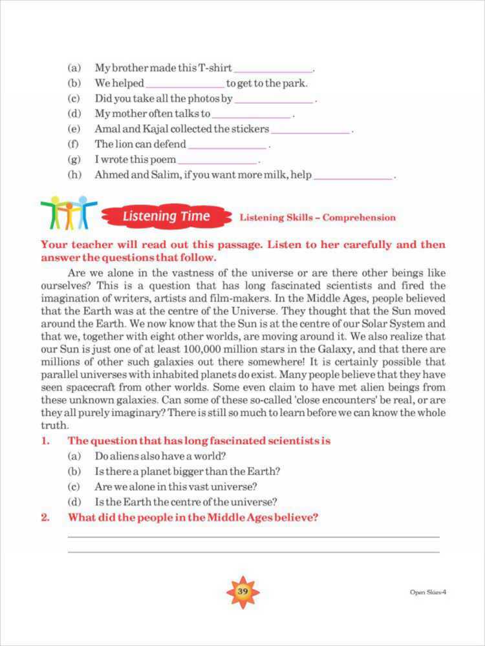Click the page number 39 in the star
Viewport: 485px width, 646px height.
(x=242, y=591)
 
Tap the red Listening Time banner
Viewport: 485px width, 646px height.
(x=166, y=216)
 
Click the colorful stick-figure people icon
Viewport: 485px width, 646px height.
(x=68, y=212)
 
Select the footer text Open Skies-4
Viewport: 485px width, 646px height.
(x=428, y=592)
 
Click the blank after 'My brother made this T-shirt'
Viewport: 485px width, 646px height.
(x=273, y=68)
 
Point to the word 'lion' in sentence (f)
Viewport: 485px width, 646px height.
(x=125, y=144)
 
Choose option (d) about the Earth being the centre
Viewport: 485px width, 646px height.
(x=186, y=502)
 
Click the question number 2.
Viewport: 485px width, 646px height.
(x=45, y=517)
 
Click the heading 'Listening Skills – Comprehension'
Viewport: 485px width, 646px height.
(x=318, y=218)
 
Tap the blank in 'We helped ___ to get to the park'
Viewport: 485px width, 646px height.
(x=186, y=84)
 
